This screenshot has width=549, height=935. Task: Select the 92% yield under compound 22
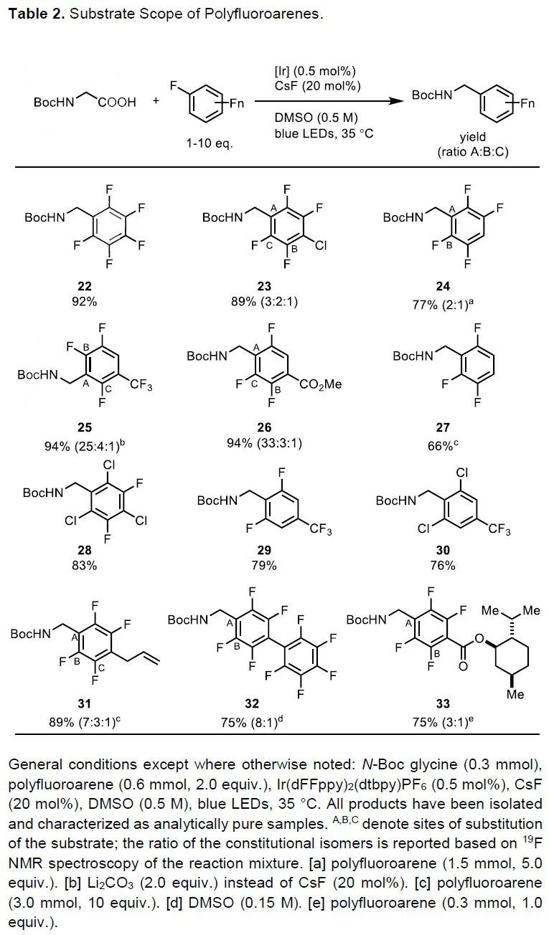click(84, 302)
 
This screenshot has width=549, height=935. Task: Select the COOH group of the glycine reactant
click(117, 103)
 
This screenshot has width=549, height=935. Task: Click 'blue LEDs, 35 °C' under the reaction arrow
click(324, 133)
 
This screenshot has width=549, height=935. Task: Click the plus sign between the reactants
click(156, 103)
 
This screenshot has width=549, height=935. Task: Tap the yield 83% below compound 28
click(84, 565)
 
